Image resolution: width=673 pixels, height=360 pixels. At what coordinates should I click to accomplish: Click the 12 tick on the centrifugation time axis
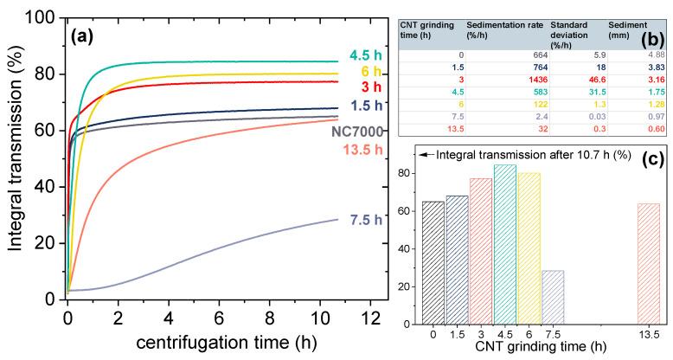[368, 318]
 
